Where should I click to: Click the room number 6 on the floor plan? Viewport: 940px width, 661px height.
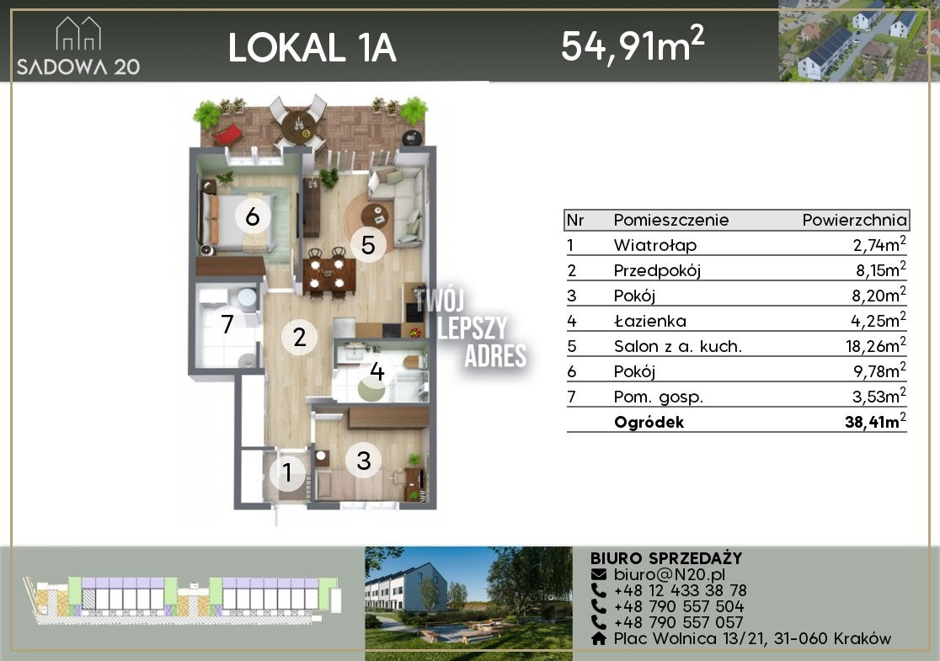click(253, 216)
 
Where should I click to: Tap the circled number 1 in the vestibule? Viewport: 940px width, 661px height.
click(288, 472)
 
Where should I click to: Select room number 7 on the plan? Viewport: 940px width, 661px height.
click(227, 324)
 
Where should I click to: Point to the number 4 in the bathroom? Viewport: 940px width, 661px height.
click(377, 371)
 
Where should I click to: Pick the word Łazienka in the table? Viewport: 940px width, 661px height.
click(650, 321)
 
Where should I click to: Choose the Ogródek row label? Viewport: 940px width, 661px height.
click(649, 422)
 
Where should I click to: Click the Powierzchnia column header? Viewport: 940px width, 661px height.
click(854, 220)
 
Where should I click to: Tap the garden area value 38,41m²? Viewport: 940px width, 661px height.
click(875, 421)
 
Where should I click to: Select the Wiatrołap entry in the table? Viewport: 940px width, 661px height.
click(654, 245)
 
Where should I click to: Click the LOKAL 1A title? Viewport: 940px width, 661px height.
click(312, 47)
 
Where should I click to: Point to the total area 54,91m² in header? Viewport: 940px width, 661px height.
click(633, 45)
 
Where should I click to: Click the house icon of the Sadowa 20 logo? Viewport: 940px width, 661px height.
click(78, 34)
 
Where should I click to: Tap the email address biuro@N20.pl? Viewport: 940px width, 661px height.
click(670, 574)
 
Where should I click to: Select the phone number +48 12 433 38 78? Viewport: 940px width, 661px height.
click(680, 590)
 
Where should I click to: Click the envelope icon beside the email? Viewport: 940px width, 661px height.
click(599, 574)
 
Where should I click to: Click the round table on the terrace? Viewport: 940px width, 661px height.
click(298, 125)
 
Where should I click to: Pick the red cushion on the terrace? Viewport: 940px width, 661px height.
click(227, 135)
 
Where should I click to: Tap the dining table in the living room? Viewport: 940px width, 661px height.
click(328, 275)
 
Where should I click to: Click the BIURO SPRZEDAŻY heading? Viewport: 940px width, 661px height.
click(666, 558)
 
